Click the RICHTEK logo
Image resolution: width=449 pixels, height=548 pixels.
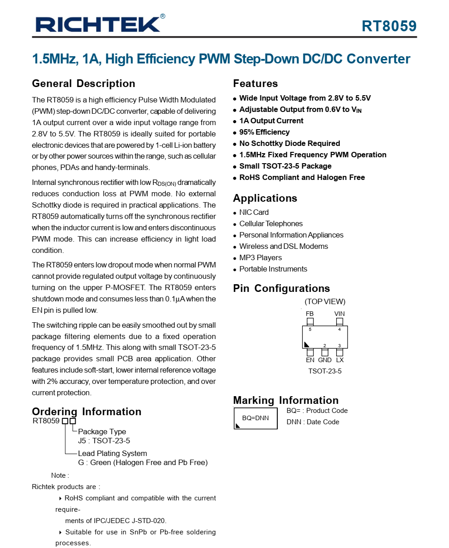[x=98, y=24]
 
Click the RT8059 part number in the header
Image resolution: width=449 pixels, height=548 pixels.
[x=389, y=26]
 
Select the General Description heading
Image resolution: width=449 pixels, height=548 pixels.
[x=83, y=83]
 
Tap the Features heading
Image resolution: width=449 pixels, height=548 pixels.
[x=255, y=83]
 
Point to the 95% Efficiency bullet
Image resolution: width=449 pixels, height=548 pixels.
[x=264, y=132]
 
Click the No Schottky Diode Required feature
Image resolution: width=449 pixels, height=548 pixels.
[x=290, y=143]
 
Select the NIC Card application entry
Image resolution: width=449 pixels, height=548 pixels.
[x=254, y=212]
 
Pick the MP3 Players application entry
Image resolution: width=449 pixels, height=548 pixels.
[x=261, y=257]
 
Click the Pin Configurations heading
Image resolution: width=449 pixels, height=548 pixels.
[x=281, y=288]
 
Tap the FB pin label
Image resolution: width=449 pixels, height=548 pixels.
[x=309, y=314]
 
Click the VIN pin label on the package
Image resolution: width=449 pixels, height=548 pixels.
[x=339, y=314]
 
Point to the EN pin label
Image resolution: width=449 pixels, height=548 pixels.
[x=310, y=360]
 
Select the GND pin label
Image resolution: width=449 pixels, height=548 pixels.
[x=325, y=360]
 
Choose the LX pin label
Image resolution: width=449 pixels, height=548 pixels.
[x=340, y=360]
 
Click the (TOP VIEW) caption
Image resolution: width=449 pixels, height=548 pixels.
[x=325, y=301]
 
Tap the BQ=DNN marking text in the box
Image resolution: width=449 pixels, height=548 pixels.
[x=256, y=418]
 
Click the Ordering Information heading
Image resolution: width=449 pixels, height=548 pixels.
[x=87, y=412]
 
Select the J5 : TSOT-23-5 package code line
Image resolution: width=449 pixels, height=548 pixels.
[x=104, y=441]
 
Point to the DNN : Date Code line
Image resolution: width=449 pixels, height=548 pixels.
[x=313, y=422]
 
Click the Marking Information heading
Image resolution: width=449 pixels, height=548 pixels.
[x=286, y=400]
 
